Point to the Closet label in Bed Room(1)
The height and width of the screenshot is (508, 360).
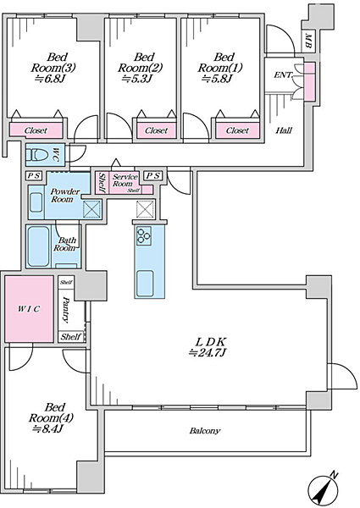tap(237, 130)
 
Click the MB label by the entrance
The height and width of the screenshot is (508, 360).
tap(308, 41)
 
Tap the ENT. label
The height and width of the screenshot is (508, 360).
tap(283, 75)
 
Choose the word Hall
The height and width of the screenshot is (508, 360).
tap(284, 130)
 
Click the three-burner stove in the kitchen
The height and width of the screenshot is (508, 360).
tap(143, 235)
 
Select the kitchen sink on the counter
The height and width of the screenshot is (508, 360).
tap(145, 283)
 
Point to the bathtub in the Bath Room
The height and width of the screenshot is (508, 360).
tap(38, 246)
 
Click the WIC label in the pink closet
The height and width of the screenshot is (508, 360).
tap(29, 309)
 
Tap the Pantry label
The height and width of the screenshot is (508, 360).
tap(66, 310)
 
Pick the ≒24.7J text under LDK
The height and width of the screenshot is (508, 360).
tap(208, 352)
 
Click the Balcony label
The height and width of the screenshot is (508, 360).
tap(205, 431)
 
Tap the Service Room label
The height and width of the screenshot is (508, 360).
tap(125, 180)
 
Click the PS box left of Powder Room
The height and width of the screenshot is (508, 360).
tap(34, 175)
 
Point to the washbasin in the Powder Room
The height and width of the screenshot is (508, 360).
tap(36, 202)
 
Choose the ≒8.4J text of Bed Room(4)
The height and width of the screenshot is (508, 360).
tap(47, 429)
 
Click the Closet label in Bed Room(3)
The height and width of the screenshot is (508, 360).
tap(36, 130)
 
